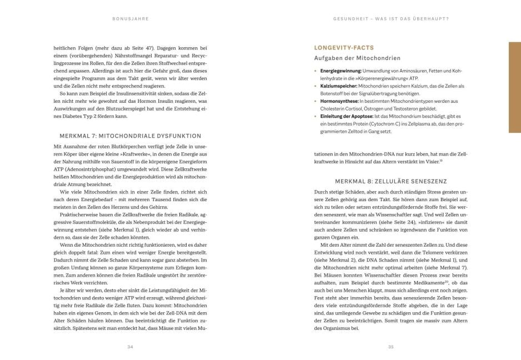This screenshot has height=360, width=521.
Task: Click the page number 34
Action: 129,346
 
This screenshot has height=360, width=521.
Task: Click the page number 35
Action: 390,346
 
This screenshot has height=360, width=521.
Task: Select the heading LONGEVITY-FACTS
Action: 338,47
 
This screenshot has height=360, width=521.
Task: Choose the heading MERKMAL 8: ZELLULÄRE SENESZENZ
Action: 391,181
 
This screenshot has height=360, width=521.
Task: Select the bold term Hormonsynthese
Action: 338,101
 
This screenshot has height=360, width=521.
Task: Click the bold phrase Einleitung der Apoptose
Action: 346,116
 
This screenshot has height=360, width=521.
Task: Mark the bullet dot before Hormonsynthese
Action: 315,101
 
